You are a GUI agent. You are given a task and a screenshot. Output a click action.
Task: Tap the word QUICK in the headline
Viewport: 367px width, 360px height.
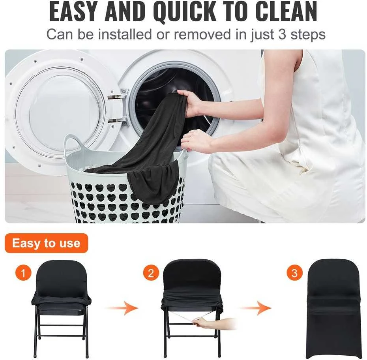pos(185,12)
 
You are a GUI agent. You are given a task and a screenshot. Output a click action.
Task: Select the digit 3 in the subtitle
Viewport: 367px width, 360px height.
pos(283,34)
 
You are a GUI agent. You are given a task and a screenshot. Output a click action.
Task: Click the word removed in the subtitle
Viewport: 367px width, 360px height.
pos(202,34)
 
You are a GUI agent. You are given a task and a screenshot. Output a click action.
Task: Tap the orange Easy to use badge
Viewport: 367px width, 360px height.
pos(46,243)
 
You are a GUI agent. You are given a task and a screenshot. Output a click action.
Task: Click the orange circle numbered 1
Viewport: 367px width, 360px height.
pos(23,273)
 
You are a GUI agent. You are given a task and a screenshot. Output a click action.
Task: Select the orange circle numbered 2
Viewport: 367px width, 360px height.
pos(151,273)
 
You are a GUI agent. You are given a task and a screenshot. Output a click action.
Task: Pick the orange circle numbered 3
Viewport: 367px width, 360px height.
pos(294,273)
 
